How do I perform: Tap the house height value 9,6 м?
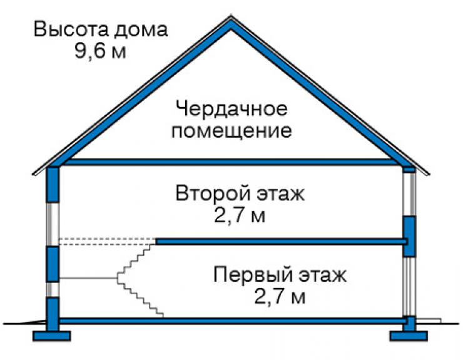click(x=100, y=51)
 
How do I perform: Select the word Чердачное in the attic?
click(x=232, y=109)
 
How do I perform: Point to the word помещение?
click(x=232, y=130)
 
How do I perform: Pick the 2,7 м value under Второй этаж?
click(x=240, y=216)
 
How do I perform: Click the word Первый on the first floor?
click(x=253, y=275)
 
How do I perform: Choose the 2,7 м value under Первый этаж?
click(x=280, y=297)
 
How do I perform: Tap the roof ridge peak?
click(x=231, y=17)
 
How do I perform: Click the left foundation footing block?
click(x=52, y=336)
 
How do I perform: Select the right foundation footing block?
click(x=409, y=336)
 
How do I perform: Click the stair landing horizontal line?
click(x=88, y=278)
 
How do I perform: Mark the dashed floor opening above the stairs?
click(x=108, y=242)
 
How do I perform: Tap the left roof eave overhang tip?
click(x=33, y=175)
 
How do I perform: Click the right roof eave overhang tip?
click(x=429, y=174)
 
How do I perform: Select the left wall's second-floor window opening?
click(x=53, y=224)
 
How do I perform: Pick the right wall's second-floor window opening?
click(x=409, y=194)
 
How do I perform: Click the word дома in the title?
click(x=141, y=30)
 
